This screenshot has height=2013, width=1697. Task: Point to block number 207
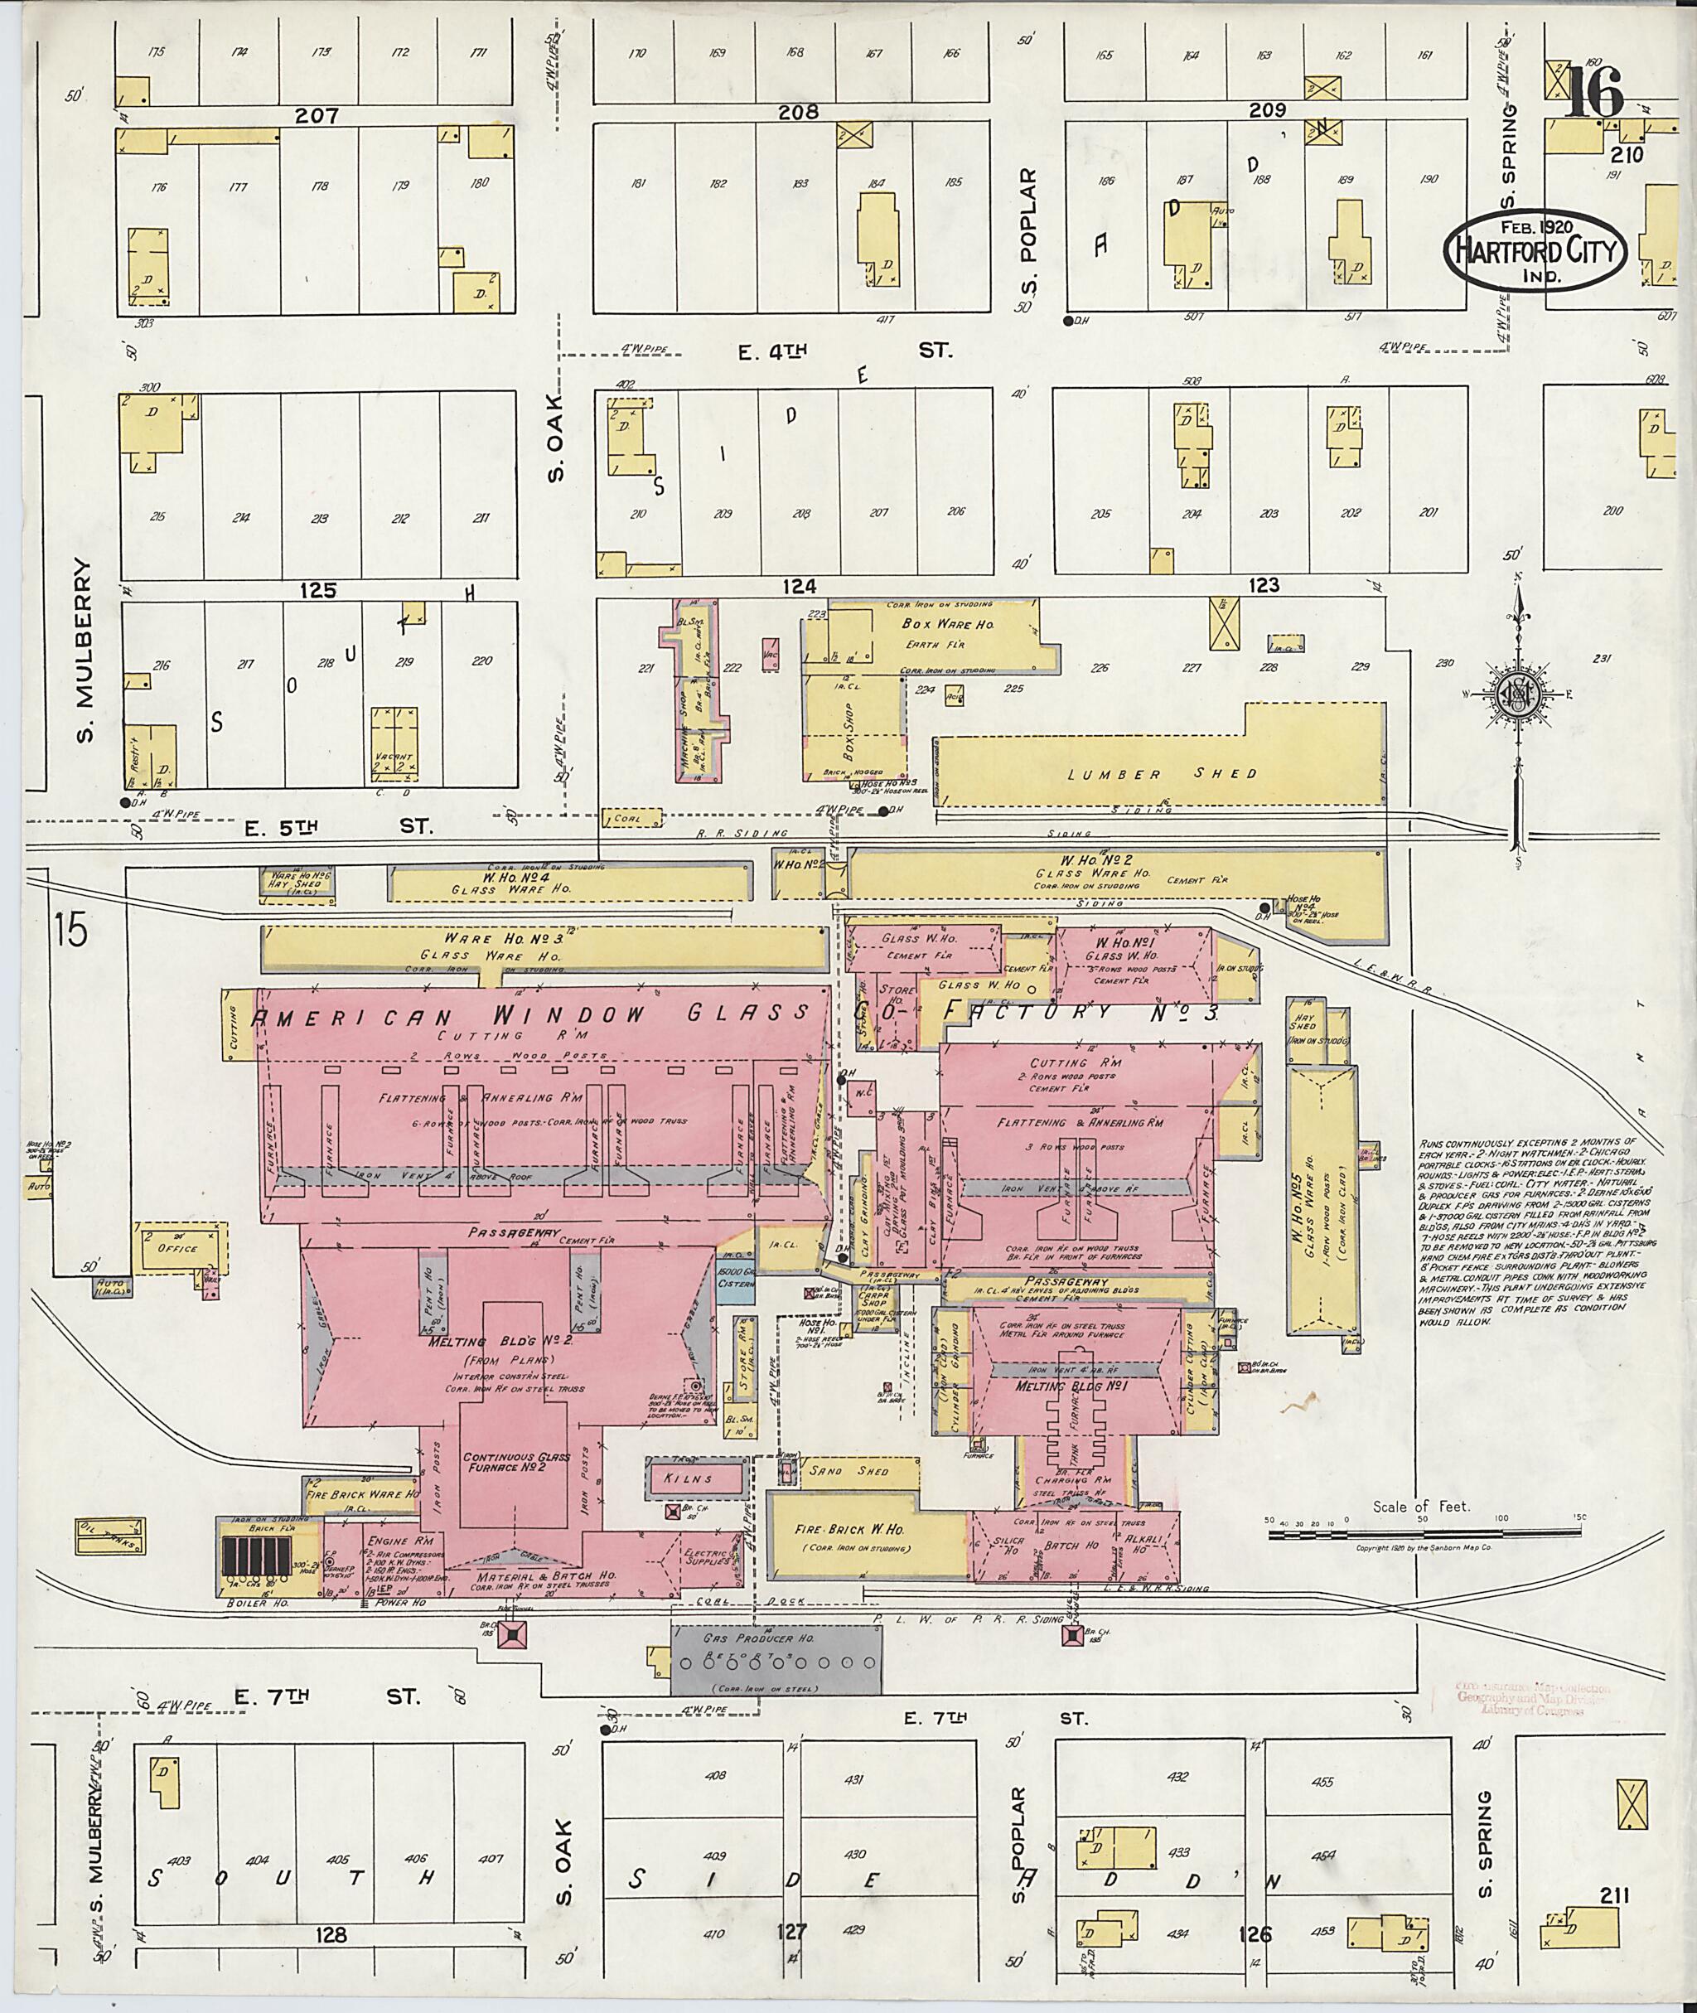pyautogui.click(x=317, y=116)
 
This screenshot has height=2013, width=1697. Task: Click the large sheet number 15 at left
pyautogui.click(x=71, y=931)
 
